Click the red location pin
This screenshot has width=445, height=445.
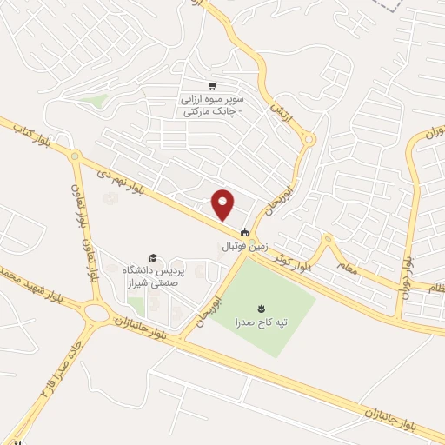click(224, 203)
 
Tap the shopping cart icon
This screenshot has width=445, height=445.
click(211, 85)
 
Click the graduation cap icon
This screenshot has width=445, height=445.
click(154, 258)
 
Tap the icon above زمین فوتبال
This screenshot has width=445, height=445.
click(245, 232)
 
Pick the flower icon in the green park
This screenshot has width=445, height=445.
click(262, 308)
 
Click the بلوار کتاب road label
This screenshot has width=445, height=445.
click(29, 132)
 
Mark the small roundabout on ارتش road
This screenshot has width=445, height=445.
click(309, 139)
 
